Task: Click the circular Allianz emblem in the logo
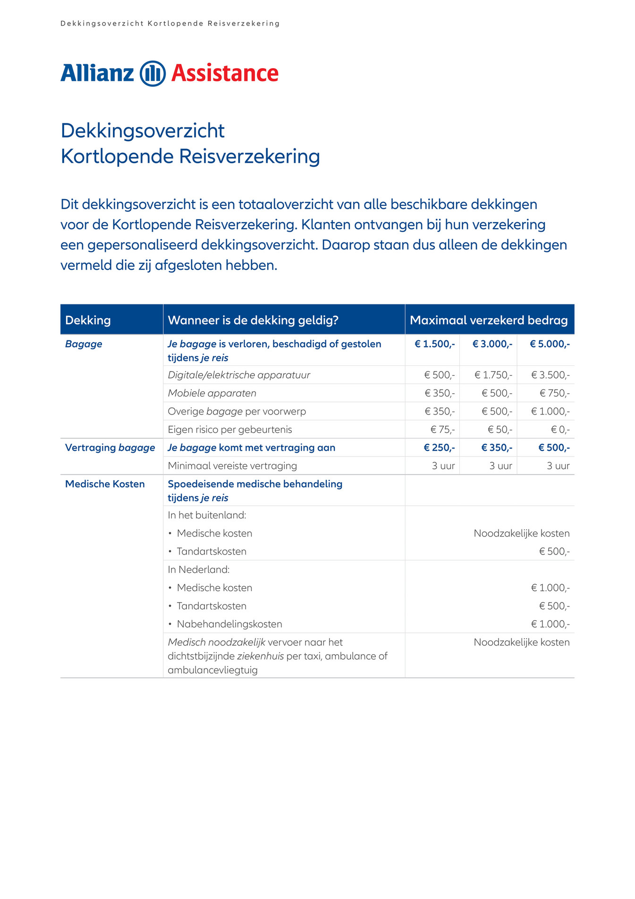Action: [152, 74]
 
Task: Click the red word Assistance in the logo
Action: [225, 74]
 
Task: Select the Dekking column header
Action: [88, 320]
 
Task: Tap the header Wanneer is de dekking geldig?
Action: [253, 320]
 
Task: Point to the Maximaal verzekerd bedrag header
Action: [489, 320]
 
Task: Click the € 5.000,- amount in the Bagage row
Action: [550, 344]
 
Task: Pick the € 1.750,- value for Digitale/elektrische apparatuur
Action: [493, 375]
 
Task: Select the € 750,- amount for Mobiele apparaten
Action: [555, 393]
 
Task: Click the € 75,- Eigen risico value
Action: [442, 430]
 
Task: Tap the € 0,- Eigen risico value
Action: [560, 430]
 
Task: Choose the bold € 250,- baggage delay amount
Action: [439, 448]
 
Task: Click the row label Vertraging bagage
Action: [110, 448]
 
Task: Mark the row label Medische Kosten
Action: [105, 484]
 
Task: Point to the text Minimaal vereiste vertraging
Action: [232, 466]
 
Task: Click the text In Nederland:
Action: [199, 570]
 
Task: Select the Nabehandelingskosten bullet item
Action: [229, 624]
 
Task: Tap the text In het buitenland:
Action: [207, 515]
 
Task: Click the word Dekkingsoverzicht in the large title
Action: [143, 131]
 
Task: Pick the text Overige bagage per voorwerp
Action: [237, 412]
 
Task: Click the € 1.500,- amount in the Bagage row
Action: [434, 344]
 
